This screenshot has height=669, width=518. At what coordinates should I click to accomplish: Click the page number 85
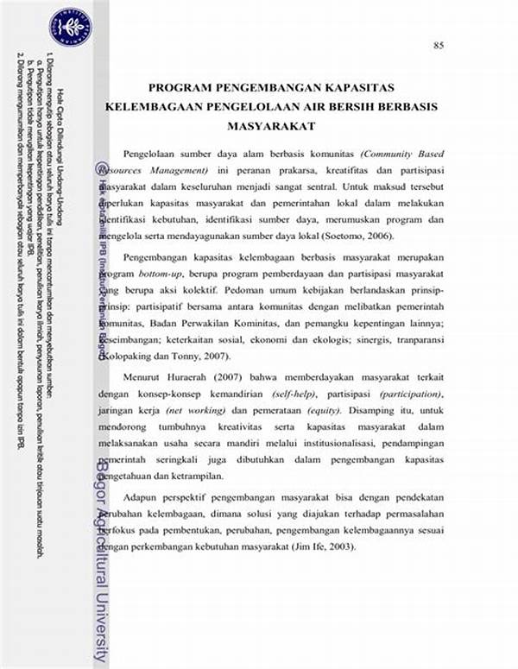point(439,45)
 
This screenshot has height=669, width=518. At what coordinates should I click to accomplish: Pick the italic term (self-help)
point(298,394)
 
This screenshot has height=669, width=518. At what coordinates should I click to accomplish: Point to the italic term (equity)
point(306,410)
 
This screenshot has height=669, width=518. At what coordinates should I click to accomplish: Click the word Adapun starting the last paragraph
point(142,499)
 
